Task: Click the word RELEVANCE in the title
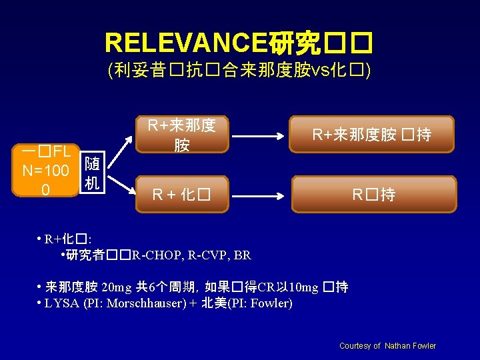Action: click(x=185, y=43)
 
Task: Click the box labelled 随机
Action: click(x=93, y=173)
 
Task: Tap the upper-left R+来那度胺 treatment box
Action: click(x=182, y=135)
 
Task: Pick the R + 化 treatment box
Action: click(x=182, y=195)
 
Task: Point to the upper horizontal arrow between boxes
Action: click(x=259, y=135)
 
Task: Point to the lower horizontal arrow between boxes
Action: click(x=259, y=195)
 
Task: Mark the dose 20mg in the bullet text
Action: click(x=117, y=288)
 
